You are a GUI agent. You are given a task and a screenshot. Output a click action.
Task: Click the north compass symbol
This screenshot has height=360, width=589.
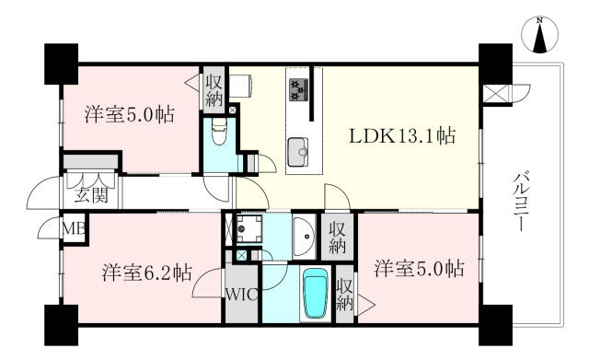coord(540,35)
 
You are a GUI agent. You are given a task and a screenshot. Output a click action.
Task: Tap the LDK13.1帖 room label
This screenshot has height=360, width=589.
coord(402,135)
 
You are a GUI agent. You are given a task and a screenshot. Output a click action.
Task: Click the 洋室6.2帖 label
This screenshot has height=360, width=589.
coord(147,273)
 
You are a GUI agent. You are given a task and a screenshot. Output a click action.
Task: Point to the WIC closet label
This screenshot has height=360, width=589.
coord(242,295)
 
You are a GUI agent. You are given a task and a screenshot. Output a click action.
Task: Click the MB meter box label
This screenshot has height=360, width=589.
coord(74,228)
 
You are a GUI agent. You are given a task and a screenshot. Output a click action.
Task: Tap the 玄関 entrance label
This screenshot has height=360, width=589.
coord(91,195)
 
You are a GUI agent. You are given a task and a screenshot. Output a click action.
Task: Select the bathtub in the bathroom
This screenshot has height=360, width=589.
coord(316,294)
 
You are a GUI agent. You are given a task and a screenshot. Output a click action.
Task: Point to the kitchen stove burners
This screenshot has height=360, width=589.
coord(299,90)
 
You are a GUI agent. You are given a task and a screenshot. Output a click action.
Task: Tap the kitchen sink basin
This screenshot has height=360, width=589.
coord(298,152)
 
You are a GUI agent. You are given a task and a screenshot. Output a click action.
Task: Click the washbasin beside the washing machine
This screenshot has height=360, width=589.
coord(305,237)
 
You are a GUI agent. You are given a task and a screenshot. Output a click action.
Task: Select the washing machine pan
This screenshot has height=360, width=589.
coord(247,229)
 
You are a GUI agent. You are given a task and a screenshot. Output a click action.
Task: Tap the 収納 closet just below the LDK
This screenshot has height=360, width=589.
coord(337,237)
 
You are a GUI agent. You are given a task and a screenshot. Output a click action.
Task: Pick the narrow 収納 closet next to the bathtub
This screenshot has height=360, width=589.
coord(344,295)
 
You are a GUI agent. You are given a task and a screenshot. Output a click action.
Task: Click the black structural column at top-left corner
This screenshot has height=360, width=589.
coord(62,64)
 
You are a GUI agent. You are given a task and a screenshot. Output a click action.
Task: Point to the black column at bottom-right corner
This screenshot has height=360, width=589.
coord(495,325)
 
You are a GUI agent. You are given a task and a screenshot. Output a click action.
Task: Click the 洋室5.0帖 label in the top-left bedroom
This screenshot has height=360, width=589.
coord(129,114)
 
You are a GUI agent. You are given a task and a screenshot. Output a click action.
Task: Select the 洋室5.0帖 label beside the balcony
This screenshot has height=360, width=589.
coord(419,268)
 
